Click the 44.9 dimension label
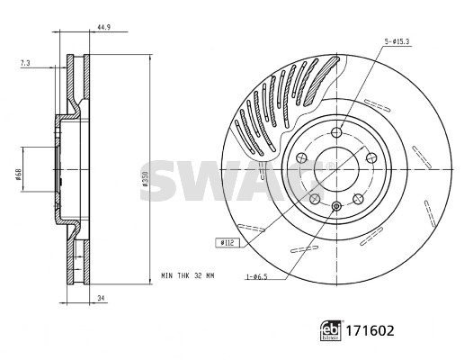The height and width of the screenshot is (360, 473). [103, 27]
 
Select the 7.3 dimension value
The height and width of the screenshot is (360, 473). [25, 63]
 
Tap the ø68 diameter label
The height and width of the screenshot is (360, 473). [18, 175]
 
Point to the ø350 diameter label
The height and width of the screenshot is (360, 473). [145, 178]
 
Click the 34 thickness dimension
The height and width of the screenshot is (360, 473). [102, 299]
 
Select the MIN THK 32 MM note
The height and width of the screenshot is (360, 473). [188, 275]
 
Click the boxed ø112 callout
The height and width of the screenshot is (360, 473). [228, 242]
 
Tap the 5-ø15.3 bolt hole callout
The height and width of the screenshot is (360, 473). [397, 42]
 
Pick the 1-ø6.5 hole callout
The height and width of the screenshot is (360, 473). [257, 276]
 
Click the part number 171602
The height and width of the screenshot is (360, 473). [370, 331]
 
